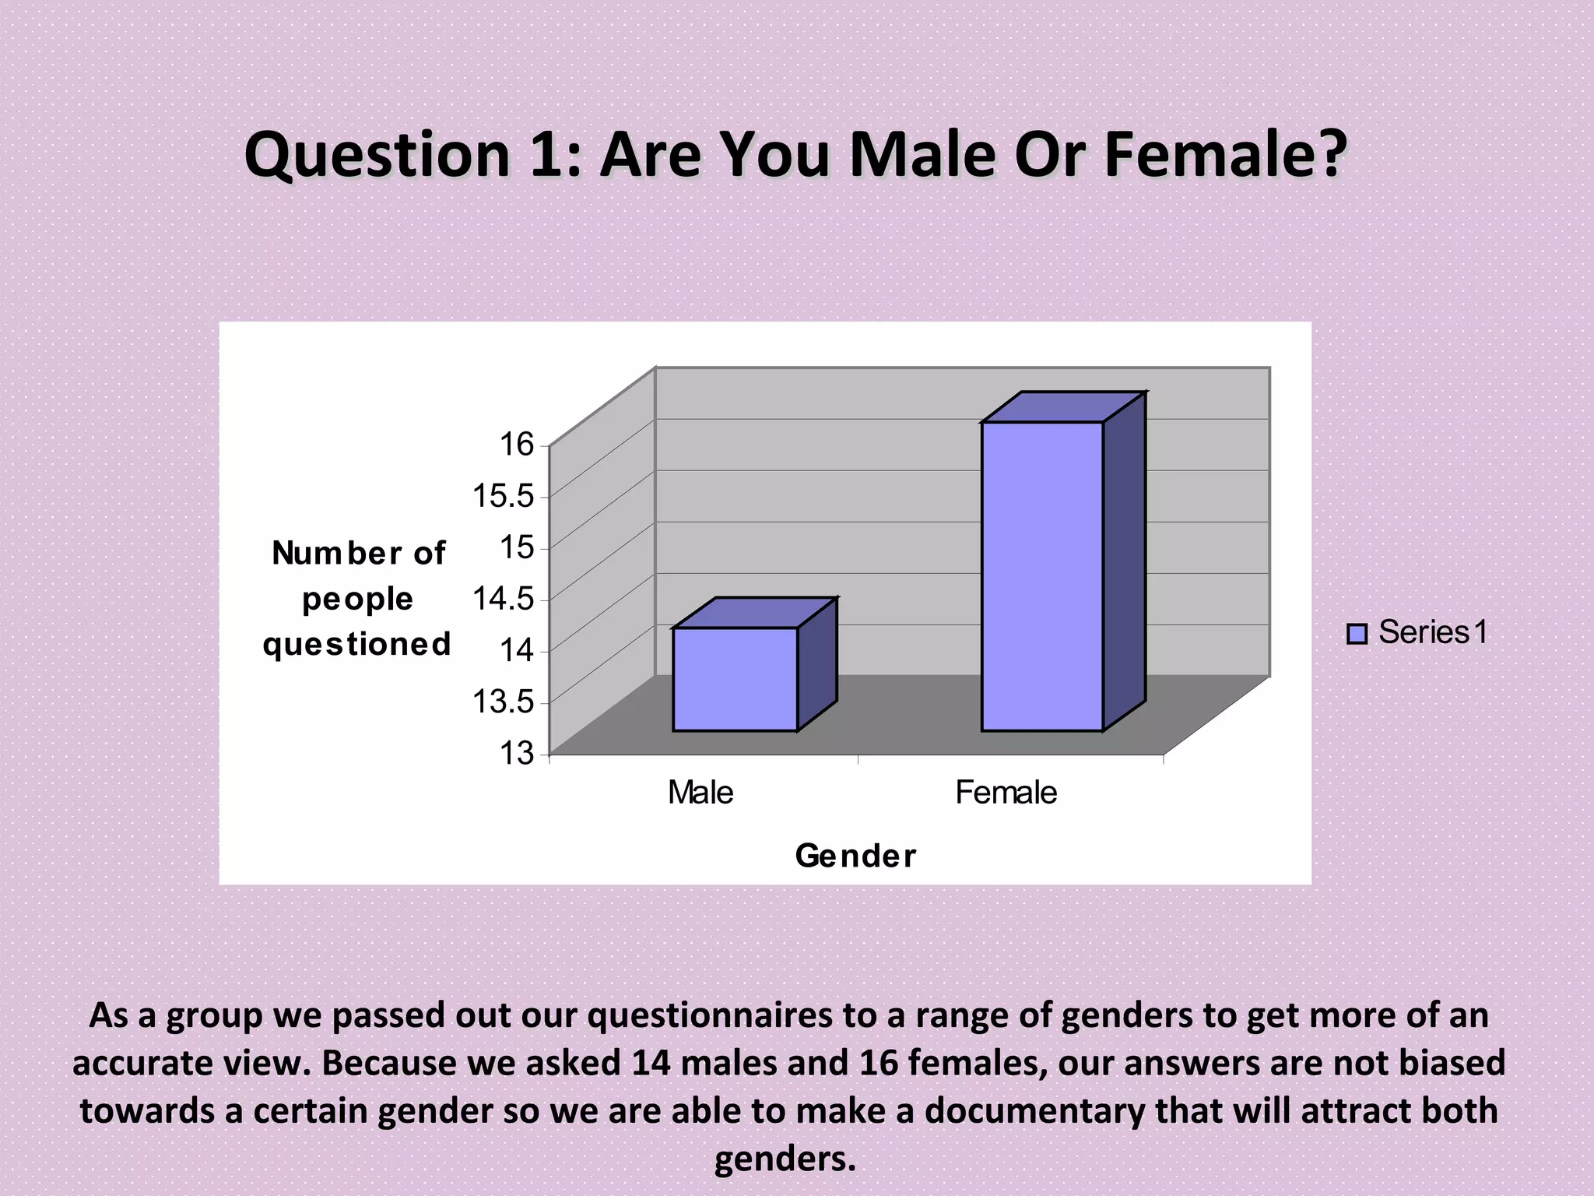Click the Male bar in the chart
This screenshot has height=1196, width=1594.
coord(735,678)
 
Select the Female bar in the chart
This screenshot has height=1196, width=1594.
coord(1041,576)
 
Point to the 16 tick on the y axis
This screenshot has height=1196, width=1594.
coord(517,445)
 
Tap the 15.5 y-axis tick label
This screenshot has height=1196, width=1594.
coord(504,496)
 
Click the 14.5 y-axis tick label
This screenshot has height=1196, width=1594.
coord(504,599)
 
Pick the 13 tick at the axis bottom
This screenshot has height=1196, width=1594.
coord(517,753)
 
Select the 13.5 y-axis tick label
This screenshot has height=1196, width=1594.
coord(504,702)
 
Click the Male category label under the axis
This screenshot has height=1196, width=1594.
coord(700,793)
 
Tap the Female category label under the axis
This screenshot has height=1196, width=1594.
coord(1006,793)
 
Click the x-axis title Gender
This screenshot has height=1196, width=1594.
coord(855,856)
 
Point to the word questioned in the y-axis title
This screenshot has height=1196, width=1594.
coord(357,645)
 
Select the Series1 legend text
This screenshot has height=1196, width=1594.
coord(1433,632)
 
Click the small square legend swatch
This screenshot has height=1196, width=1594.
coord(1357,634)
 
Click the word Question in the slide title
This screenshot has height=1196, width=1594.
coord(377,155)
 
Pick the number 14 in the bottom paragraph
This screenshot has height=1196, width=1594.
coord(651,1063)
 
